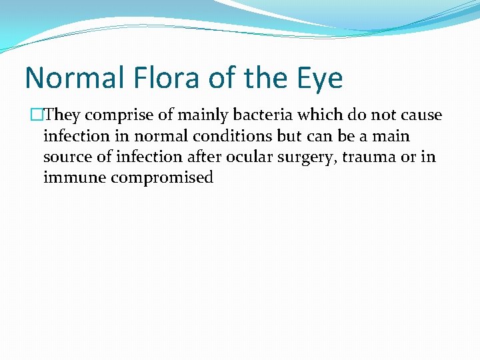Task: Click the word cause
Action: (421, 115)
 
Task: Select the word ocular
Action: (247, 157)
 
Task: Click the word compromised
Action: (162, 179)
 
